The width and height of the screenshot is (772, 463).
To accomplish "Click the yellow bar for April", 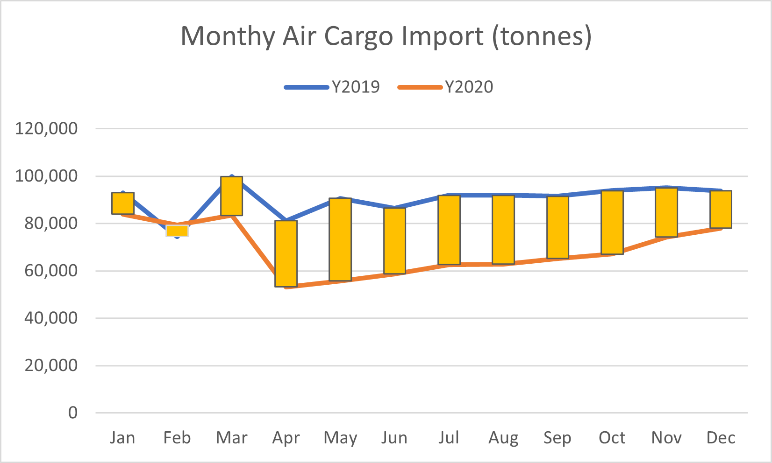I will pos(286,253).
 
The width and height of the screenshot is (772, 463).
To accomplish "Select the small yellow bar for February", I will pos(177,231).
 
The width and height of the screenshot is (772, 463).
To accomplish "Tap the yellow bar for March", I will pos(232,196).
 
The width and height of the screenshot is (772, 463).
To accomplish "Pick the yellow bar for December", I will pos(721,209).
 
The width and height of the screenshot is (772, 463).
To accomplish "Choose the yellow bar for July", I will pos(449,230).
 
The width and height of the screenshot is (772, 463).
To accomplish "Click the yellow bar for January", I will pos(123,203).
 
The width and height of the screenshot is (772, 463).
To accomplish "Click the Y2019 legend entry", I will pos(333,87).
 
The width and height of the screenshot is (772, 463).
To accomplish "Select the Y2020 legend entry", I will pos(446,87).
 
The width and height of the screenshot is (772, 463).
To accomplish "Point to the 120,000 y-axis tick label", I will pos(46,128).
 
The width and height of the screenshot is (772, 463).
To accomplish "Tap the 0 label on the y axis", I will pos(73,413).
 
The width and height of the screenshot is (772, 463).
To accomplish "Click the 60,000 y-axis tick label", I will pos(51,271).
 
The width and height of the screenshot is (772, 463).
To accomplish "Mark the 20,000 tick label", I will pos(51,365).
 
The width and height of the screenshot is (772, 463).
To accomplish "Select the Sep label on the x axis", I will pos(558,438).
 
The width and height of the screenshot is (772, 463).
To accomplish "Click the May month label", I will pos(340,438).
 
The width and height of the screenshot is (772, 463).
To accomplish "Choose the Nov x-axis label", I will pos(666,438).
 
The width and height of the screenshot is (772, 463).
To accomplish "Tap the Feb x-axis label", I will pos(177,438).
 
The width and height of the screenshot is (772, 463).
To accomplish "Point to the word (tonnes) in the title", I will pos(542,36).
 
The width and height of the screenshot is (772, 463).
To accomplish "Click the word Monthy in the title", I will pos(228,36).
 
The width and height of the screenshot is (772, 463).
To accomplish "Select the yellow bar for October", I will pos(612,222).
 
